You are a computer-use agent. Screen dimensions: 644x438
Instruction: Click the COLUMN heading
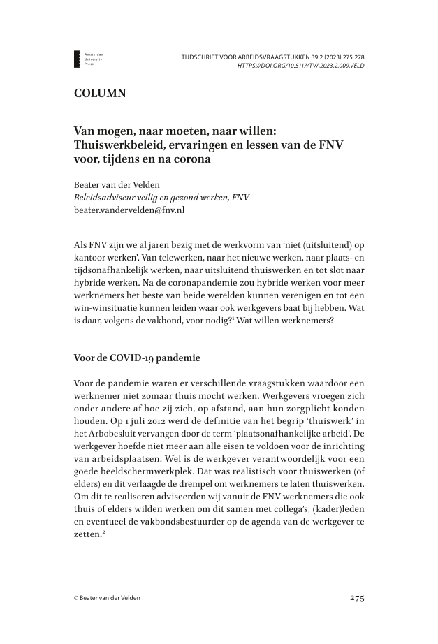coord(100,93)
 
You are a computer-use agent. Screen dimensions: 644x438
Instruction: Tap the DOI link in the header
coord(300,66)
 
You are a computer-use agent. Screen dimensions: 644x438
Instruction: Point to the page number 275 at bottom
coord(356,598)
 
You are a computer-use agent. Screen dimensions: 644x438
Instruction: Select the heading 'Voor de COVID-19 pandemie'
coord(137,358)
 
